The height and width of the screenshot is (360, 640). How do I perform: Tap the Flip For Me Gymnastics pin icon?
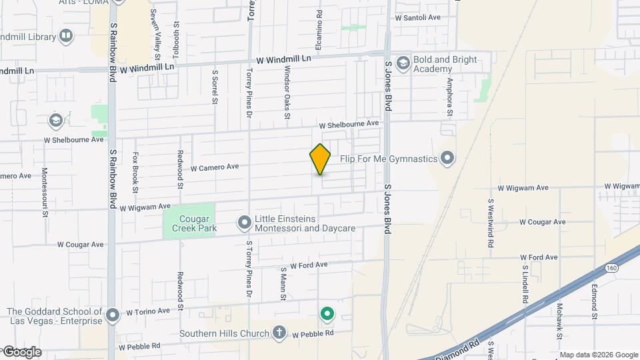pos(447,159)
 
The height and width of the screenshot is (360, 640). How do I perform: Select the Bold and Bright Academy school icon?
pos(403,64)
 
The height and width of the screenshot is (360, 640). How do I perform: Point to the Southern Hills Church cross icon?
pos(279,333)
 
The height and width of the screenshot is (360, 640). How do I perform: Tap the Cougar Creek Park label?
pos(189,223)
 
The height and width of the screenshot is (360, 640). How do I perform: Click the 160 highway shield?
pos(611,267)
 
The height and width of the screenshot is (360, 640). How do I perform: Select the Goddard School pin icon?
pos(113,313)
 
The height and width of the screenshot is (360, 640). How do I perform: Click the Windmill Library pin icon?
pos(66,36)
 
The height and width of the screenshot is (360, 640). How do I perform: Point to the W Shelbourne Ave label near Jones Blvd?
pos(348,125)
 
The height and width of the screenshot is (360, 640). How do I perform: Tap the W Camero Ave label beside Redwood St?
pos(215,167)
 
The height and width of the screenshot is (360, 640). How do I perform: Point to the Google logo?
pos(21,351)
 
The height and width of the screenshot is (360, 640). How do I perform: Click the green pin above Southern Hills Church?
pos(327,313)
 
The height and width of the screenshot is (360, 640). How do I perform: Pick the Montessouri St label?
pos(45,192)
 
